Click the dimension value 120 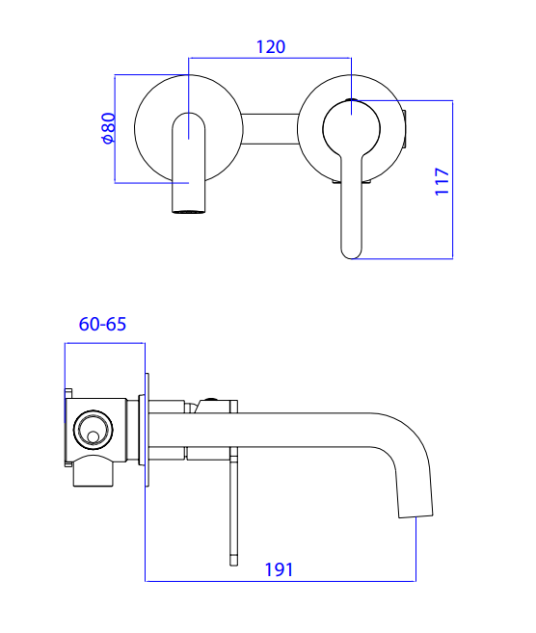pyautogui.click(x=271, y=47)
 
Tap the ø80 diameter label pyautogui.click(x=109, y=128)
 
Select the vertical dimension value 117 pyautogui.click(x=442, y=182)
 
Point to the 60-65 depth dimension pyautogui.click(x=102, y=324)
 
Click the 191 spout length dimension pyautogui.click(x=279, y=569)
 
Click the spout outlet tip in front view pyautogui.click(x=189, y=211)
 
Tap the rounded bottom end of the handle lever pyautogui.click(x=351, y=252)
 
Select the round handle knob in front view pyautogui.click(x=352, y=129)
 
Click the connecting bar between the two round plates pyautogui.click(x=270, y=129)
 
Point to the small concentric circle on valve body pyautogui.click(x=94, y=429)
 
